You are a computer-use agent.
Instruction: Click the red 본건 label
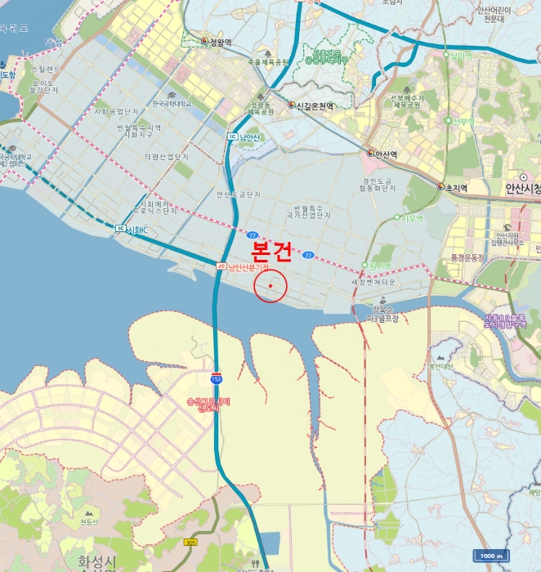pyautogui.click(x=269, y=250)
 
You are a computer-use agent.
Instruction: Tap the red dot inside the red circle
pyautogui.click(x=270, y=285)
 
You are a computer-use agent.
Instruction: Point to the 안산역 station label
pyautogui.click(x=386, y=154)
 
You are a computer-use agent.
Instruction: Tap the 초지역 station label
pyautogui.click(x=455, y=188)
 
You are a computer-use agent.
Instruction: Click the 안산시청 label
pyautogui.click(x=517, y=187)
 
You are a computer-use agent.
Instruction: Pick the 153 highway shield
pyautogui.click(x=216, y=378)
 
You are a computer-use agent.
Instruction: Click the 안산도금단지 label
pyautogui.click(x=239, y=194)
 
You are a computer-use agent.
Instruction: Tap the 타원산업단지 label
pyautogui.click(x=167, y=156)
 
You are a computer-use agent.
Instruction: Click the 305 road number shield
pyautogui.click(x=190, y=541)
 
